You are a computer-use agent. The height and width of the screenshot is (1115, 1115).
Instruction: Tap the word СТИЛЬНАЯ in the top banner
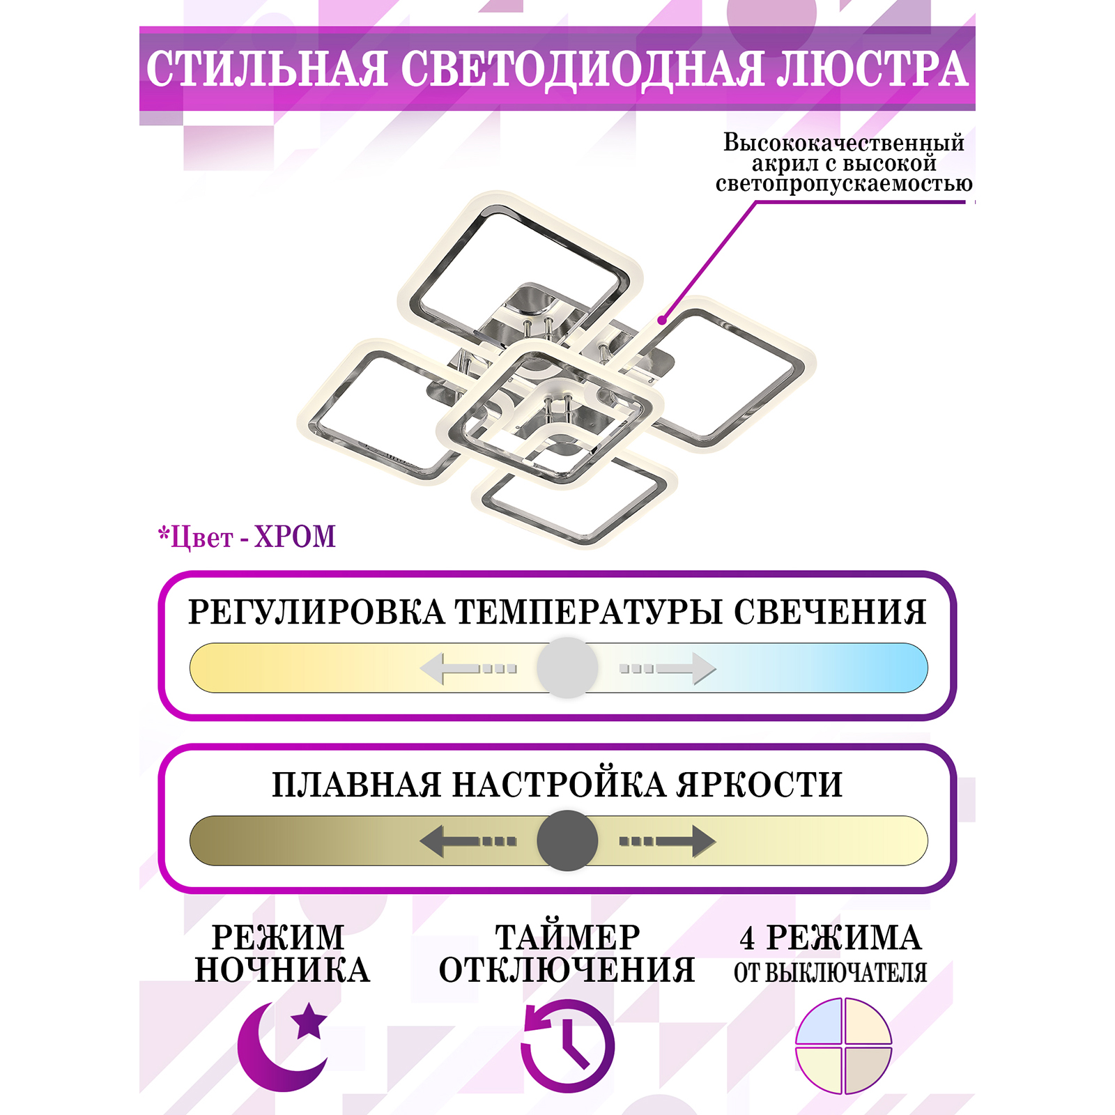[266, 68]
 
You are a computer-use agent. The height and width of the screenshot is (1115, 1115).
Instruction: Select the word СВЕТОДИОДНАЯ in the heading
[583, 70]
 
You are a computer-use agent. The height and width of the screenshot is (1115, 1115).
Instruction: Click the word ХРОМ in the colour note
[295, 537]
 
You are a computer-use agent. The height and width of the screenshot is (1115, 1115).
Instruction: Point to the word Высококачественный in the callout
[844, 143]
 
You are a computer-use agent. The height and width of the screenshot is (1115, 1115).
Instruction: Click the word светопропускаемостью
[844, 184]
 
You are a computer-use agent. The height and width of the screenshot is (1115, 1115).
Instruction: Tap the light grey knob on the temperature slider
[567, 668]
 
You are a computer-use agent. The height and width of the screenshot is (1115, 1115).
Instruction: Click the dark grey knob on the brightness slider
[567, 840]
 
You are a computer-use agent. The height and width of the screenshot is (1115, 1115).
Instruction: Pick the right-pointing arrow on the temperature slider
[668, 668]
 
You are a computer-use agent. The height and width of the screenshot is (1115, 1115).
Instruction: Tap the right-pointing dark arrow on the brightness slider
[668, 840]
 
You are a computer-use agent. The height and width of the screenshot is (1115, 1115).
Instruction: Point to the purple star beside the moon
[309, 1022]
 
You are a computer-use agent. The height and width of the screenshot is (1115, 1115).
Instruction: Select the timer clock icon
[567, 1045]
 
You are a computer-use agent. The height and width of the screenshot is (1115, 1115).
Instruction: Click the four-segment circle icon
[843, 1045]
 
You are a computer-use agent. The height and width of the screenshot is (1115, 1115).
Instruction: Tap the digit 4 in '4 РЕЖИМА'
[747, 939]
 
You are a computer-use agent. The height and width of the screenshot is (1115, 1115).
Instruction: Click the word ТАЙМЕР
[567, 937]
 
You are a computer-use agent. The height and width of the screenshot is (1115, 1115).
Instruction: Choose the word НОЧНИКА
[282, 970]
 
